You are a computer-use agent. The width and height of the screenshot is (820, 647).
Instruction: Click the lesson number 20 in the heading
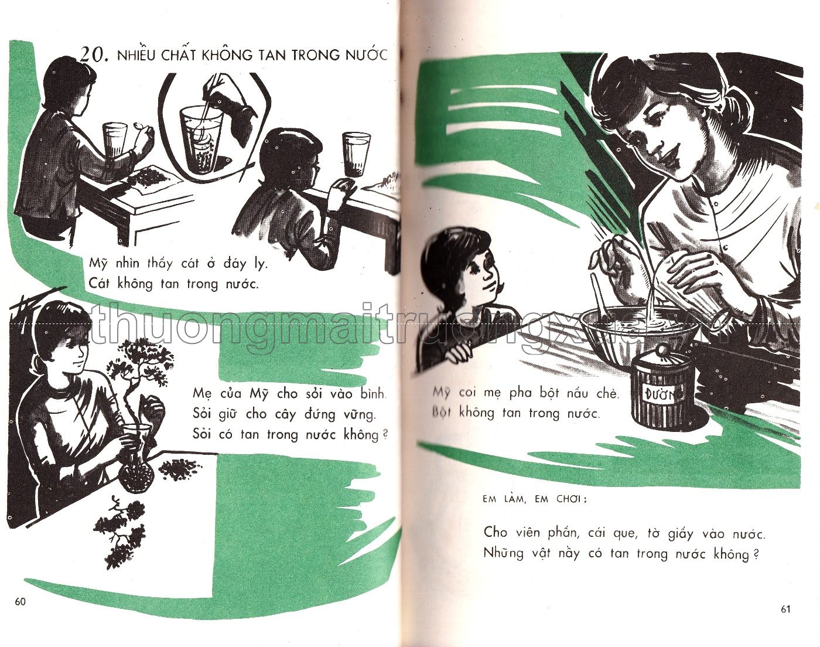[x=93, y=55]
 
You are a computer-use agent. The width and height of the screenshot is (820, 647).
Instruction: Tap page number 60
[x=20, y=602]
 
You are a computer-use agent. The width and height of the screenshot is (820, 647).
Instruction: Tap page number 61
[x=785, y=609]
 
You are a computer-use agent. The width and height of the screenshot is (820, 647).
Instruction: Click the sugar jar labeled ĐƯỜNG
[x=661, y=389]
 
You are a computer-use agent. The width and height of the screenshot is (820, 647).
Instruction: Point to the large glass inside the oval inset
[x=201, y=139]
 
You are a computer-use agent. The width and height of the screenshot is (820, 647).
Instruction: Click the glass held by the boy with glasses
[x=356, y=154]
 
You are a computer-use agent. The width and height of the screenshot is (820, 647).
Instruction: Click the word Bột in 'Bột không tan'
[x=442, y=413]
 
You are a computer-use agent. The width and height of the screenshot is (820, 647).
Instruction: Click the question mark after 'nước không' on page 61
[x=756, y=554]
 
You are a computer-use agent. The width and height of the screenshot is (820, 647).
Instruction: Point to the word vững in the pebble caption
[x=358, y=414]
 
